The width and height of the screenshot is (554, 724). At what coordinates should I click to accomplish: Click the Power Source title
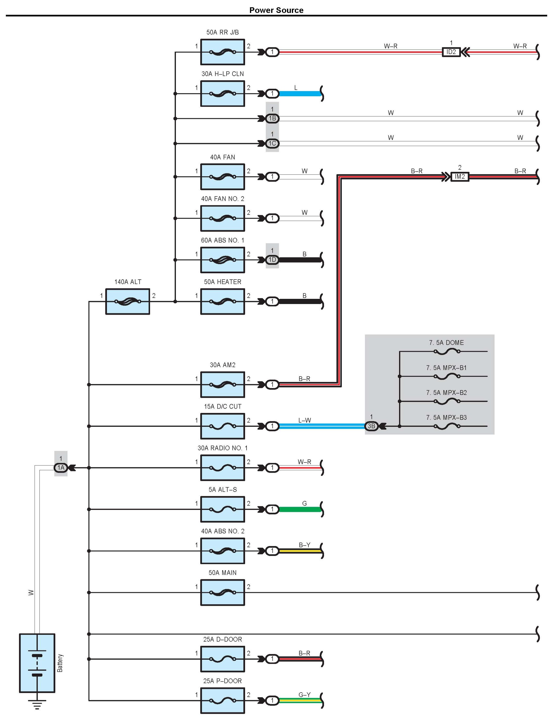pyautogui.click(x=276, y=10)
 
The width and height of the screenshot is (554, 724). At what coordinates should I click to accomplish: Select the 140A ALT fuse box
pyautogui.click(x=128, y=301)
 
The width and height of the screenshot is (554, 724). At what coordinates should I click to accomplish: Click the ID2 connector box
pyautogui.click(x=451, y=52)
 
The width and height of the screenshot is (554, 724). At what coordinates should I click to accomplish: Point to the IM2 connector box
pyautogui.click(x=459, y=176)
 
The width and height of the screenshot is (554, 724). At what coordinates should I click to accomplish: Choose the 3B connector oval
pyautogui.click(x=371, y=426)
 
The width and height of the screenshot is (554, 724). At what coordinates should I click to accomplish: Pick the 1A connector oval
pyautogui.click(x=61, y=468)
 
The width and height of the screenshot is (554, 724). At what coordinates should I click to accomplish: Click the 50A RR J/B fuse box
pyautogui.click(x=223, y=52)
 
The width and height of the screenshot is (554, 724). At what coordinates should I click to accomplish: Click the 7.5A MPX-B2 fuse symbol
pyautogui.click(x=447, y=401)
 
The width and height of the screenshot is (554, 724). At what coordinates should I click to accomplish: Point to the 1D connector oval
pyautogui.click(x=272, y=260)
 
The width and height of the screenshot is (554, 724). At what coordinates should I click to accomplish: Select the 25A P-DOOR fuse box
pyautogui.click(x=223, y=701)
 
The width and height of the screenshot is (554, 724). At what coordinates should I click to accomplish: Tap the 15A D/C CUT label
pyautogui.click(x=223, y=407)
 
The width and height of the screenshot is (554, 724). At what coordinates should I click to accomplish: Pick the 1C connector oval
pyautogui.click(x=272, y=143)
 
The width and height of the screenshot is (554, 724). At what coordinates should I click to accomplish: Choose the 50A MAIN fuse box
pyautogui.click(x=223, y=592)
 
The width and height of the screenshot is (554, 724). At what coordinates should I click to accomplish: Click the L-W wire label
pyautogui.click(x=304, y=420)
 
